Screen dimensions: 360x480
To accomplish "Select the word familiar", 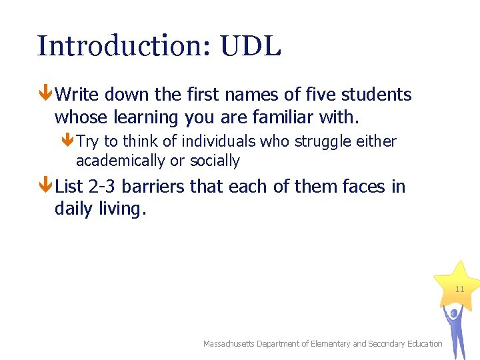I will pyautogui.click(x=283, y=118).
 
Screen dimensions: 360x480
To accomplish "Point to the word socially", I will pyautogui.click(x=215, y=161).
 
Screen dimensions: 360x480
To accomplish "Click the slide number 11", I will pyautogui.click(x=459, y=289).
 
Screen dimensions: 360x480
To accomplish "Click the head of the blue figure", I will pyautogui.click(x=455, y=312).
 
